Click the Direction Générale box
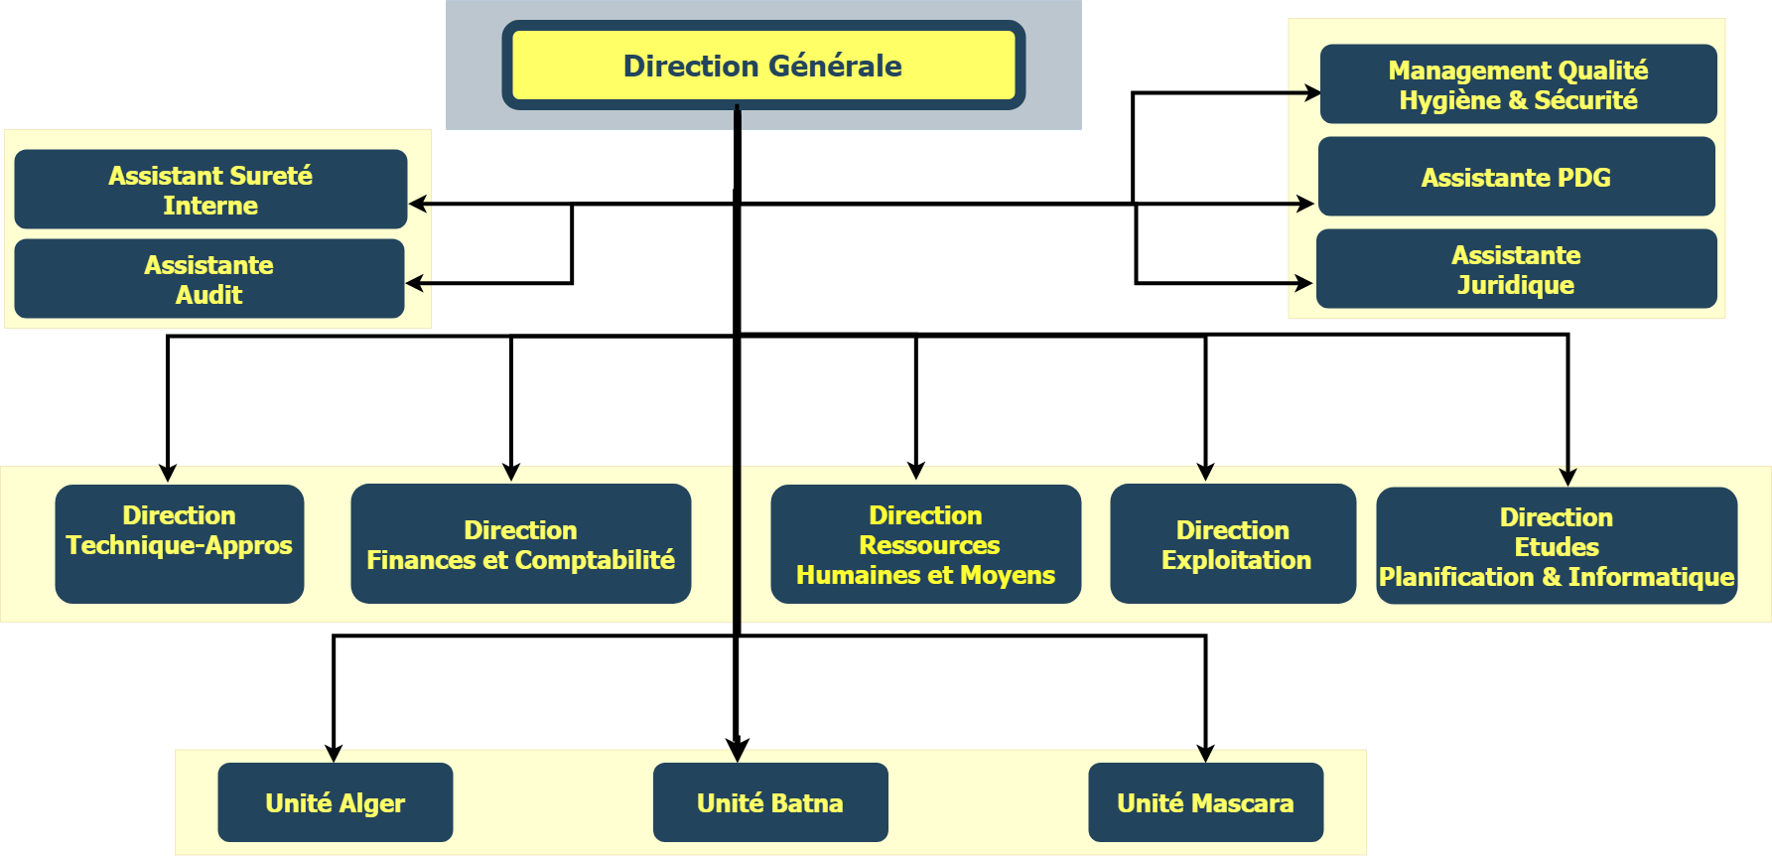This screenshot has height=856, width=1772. click(x=762, y=66)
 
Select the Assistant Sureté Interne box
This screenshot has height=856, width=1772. click(x=210, y=190)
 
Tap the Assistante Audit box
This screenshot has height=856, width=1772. click(x=209, y=279)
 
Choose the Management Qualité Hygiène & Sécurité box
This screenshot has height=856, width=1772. click(x=1518, y=84)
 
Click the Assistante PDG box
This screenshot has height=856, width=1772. click(x=1516, y=177)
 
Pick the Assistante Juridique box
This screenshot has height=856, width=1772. click(x=1516, y=269)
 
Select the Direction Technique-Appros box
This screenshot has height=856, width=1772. click(x=180, y=543)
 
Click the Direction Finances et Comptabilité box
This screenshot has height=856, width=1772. click(x=520, y=543)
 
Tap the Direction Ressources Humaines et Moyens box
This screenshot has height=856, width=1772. click(x=925, y=543)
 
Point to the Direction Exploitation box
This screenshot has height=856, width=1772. click(x=1233, y=543)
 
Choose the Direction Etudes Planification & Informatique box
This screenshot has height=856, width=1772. click(x=1557, y=545)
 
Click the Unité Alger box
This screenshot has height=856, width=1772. click(x=336, y=802)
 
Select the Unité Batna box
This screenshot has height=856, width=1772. click(x=770, y=802)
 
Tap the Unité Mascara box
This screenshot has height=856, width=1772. click(x=1205, y=802)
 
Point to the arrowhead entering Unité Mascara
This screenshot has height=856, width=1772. click(x=1205, y=753)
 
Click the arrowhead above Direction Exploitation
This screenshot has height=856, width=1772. click(x=1205, y=471)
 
